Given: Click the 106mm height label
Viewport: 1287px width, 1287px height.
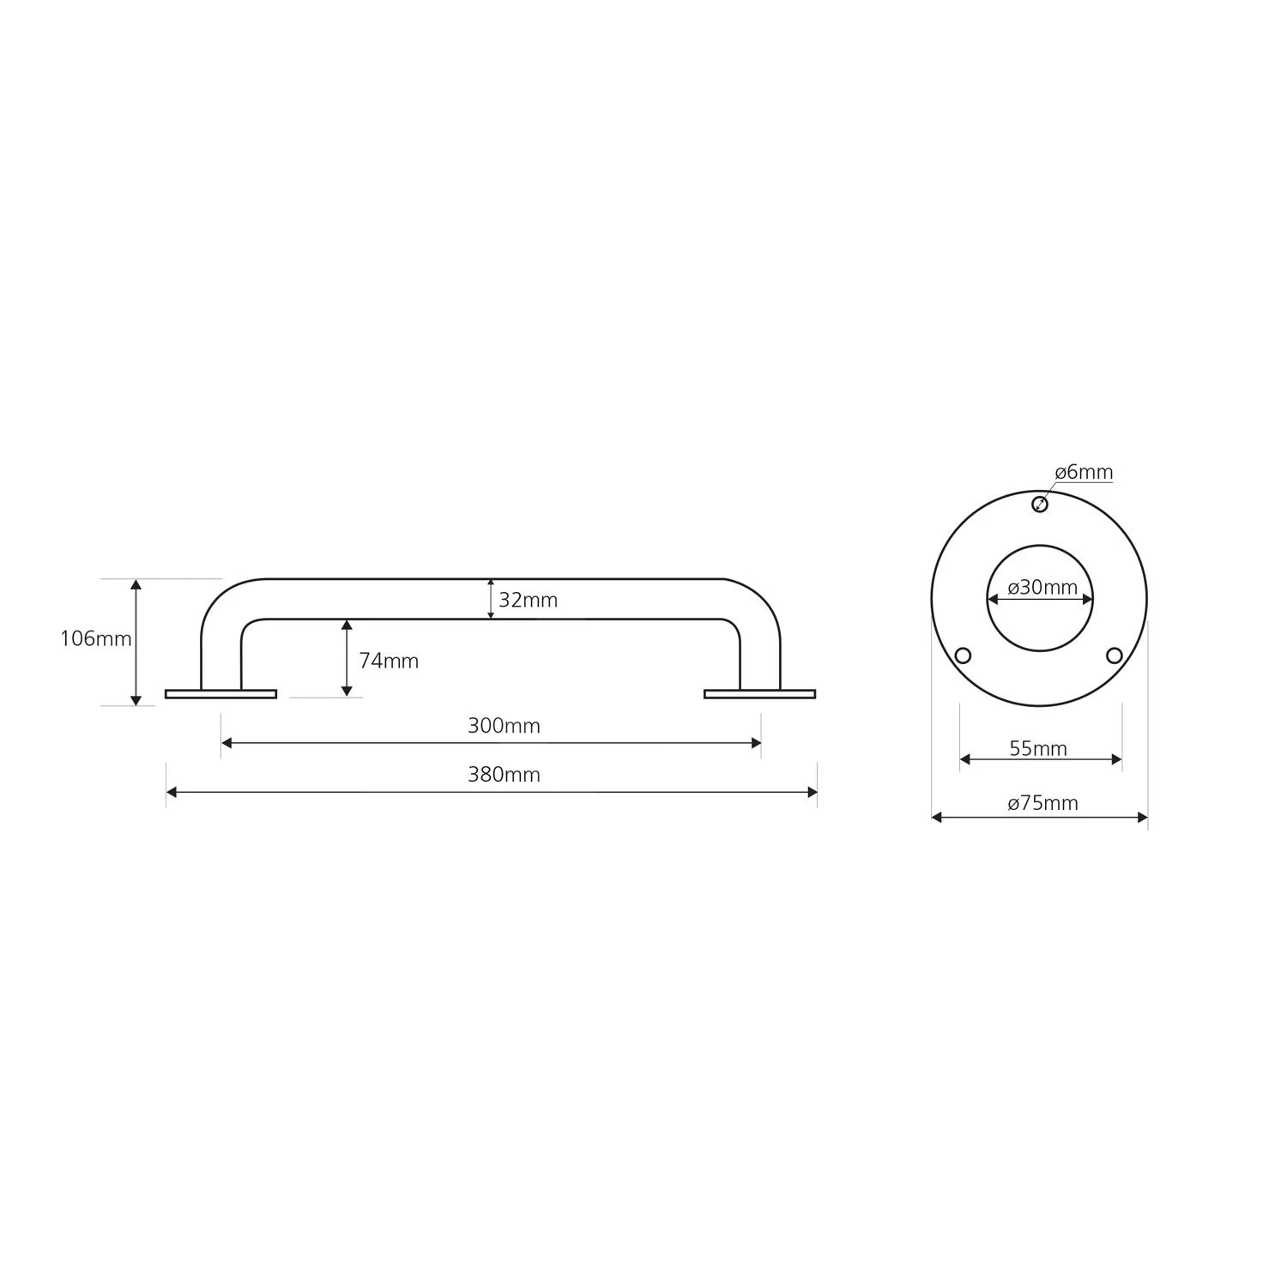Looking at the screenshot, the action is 96,639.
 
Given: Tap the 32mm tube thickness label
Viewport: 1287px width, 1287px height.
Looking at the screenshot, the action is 528,601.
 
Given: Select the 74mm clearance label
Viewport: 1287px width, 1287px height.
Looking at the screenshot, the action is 389,661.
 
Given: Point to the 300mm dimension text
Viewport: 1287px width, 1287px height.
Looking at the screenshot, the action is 504,726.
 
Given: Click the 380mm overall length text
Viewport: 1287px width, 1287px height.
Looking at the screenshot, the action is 504,775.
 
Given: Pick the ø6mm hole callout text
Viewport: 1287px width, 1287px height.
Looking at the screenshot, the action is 1084,472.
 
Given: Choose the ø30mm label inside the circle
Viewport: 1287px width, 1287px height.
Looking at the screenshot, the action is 1042,588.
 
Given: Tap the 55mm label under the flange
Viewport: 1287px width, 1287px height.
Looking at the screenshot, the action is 1038,749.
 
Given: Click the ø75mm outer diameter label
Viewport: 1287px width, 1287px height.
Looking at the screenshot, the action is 1042,803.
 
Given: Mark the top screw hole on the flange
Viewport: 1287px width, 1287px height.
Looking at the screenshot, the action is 1040,504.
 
